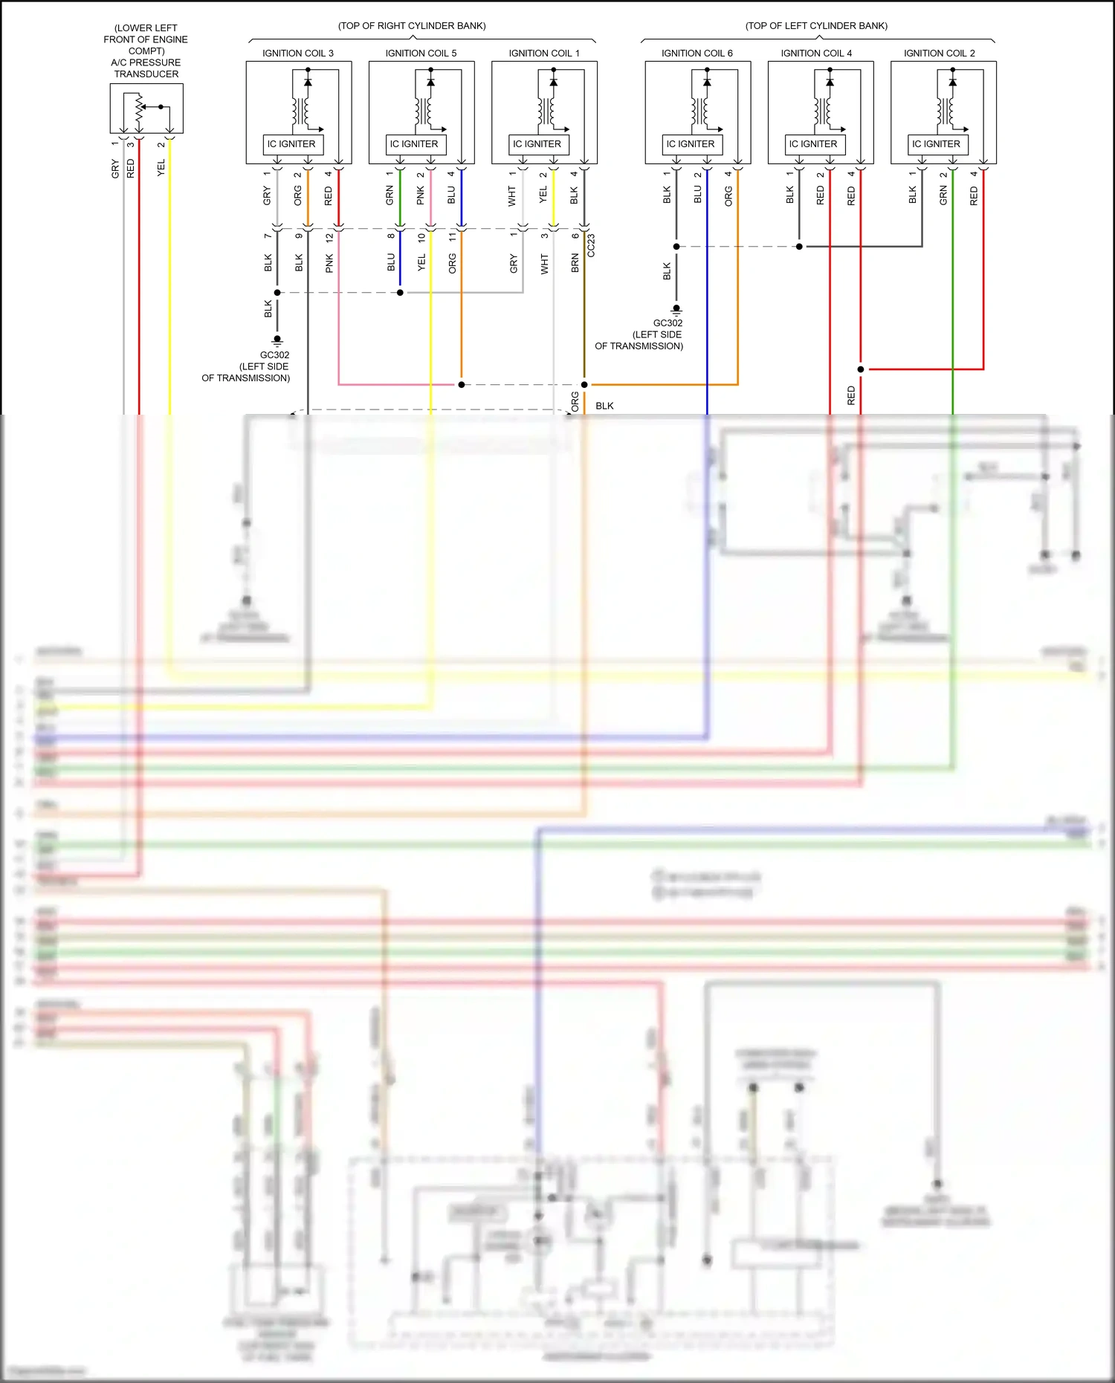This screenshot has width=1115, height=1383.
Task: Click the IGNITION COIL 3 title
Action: coord(297,54)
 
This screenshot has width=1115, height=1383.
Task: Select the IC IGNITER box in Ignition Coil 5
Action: coord(415,144)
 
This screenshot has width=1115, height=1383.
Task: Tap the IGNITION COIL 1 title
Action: coord(543,54)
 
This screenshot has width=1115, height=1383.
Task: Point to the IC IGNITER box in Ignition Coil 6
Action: coord(691,144)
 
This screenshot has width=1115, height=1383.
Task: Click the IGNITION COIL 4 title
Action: coord(816,54)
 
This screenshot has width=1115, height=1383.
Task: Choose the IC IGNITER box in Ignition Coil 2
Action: coord(937,144)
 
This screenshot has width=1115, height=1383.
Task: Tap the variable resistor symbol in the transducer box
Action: coord(138,110)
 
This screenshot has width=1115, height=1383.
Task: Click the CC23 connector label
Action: coord(592,246)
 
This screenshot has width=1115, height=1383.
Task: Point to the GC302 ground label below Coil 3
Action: coord(274,355)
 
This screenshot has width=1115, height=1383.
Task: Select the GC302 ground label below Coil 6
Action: coord(668,323)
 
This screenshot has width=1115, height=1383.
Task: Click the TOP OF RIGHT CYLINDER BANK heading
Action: coord(412,26)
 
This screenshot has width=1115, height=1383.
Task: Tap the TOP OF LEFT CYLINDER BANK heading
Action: coord(816,26)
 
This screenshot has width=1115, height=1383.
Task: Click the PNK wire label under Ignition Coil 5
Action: coord(421,196)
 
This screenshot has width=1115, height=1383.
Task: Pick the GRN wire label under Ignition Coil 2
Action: coord(943,196)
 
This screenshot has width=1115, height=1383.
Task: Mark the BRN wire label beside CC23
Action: coord(575,263)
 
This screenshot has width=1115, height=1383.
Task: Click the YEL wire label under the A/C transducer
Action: coord(161,169)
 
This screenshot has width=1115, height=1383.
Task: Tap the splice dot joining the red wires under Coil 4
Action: coord(861,369)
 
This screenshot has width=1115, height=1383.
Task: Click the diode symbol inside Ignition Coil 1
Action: coord(553,82)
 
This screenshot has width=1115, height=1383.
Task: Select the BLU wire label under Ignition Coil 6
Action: coord(697,195)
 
